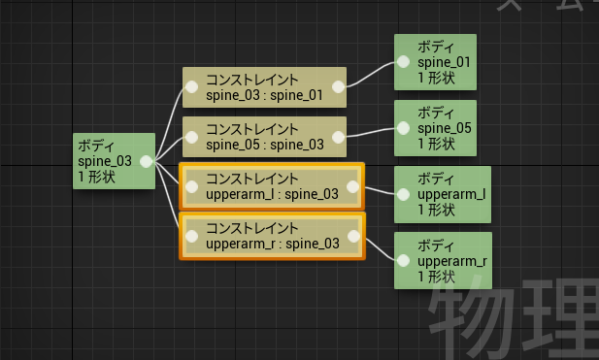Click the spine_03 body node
pos(114,161)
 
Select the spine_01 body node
pos(435,62)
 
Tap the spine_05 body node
pos(435,128)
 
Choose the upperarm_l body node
pos(443,194)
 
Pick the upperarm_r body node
pos(443,260)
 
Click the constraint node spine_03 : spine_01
pos(264,87)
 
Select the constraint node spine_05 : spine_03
pos(264,137)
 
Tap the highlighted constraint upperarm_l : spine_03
pos(272,186)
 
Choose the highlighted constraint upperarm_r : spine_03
pos(272,237)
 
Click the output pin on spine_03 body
pos(147,161)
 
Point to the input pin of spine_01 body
pos(404,62)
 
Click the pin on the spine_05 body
pos(404,128)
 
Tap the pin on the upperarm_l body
pos(404,195)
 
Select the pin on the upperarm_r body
pos(404,261)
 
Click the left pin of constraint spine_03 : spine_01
pos(192,87)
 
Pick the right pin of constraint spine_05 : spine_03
pos(338,137)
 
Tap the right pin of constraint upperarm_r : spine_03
pos(353,237)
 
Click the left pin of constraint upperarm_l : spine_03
pos(192,186)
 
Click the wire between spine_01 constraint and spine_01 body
pos(370,74)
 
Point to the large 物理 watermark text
pos(514,319)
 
